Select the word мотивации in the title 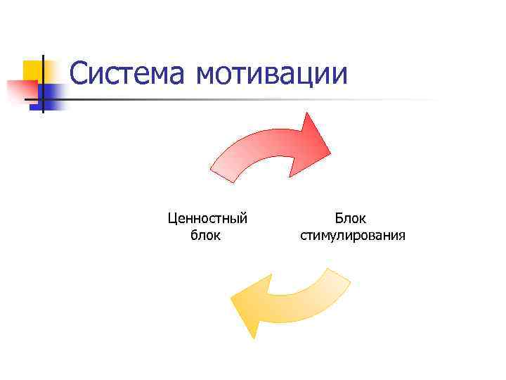point(273,74)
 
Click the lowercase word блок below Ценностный point(206,235)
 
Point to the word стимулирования point(352,235)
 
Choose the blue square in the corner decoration point(51,92)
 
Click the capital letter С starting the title point(79,74)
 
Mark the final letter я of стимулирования point(401,236)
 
